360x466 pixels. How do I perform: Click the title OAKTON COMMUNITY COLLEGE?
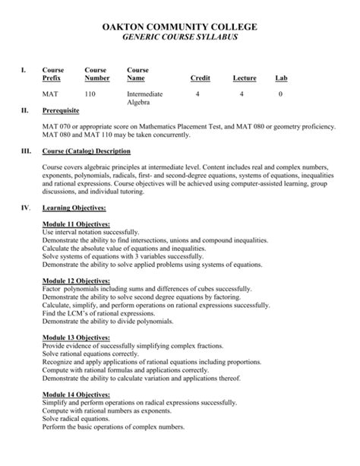[x=180, y=27]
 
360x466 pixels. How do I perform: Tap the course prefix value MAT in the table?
[x=50, y=94]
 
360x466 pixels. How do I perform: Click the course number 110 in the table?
[x=90, y=94]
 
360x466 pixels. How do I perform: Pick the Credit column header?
[x=200, y=79]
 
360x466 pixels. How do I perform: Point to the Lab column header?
[x=281, y=79]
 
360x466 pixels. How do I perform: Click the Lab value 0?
[x=280, y=94]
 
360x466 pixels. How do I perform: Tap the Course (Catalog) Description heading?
[x=97, y=151]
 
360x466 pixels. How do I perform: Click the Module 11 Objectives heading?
[x=76, y=224]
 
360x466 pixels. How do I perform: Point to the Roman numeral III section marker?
[x=26, y=151]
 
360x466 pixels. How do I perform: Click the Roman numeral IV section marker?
[x=25, y=208]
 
